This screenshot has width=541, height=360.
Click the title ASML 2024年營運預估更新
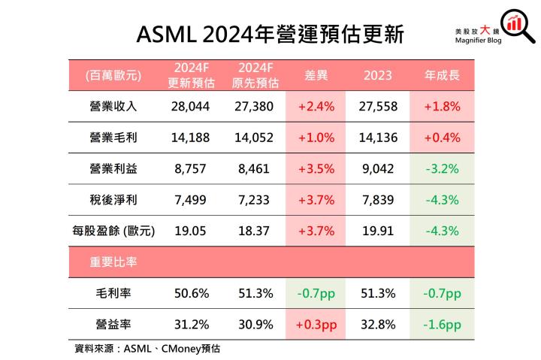270,35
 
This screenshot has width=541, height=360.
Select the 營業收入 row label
112,107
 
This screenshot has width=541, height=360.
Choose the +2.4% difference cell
315,107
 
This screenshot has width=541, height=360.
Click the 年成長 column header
442,75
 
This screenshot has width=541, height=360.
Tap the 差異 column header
315,75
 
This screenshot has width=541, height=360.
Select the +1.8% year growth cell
442,107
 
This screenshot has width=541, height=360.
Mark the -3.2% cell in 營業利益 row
442,169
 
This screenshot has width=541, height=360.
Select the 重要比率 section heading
113,262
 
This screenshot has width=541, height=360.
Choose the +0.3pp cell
315,324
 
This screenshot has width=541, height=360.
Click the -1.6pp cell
442,324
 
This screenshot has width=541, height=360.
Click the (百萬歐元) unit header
113,75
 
